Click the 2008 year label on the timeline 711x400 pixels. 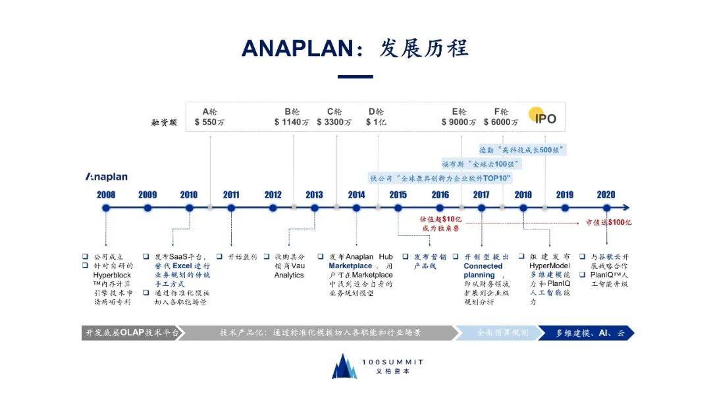[105, 194]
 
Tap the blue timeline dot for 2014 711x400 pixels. [356, 208]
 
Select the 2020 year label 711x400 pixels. [606, 194]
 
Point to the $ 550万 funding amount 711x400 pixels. [209, 122]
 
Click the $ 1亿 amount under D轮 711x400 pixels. [377, 122]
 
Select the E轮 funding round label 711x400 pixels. [459, 111]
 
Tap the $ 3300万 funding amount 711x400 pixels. [334, 122]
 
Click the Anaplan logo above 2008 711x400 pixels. [106, 177]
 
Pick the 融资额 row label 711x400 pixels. [164, 123]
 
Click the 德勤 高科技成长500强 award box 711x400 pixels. [523, 150]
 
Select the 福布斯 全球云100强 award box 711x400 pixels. [481, 163]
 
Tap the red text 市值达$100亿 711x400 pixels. [608, 222]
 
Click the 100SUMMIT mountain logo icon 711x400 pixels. [344, 366]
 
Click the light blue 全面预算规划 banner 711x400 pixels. [502, 333]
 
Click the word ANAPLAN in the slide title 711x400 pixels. [303, 49]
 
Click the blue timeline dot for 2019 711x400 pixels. [564, 208]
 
